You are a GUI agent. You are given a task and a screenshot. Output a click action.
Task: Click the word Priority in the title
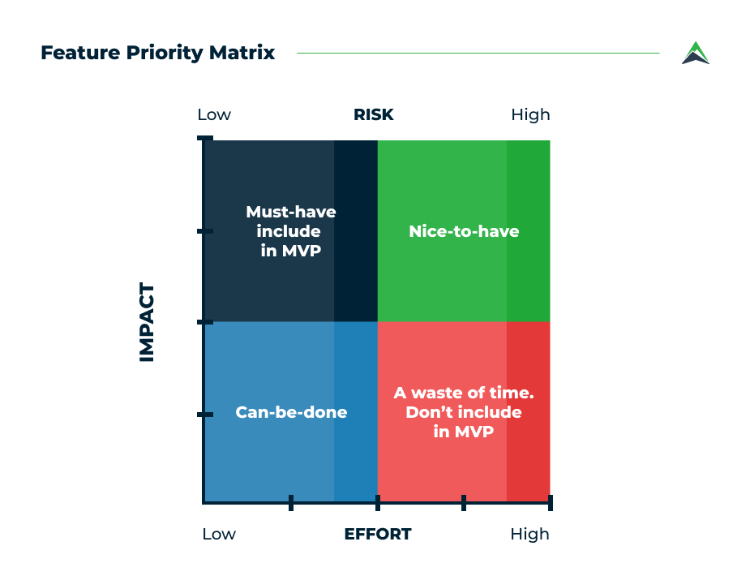165,53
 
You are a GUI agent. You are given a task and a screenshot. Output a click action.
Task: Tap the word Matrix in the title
242,52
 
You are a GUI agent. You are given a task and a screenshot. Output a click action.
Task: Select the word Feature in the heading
80,53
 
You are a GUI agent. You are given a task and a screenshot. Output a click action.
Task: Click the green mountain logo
696,53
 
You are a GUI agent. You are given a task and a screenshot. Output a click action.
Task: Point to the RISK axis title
374,115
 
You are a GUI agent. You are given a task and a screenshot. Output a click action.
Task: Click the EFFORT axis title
378,534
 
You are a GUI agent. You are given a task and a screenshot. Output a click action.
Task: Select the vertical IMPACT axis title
147,322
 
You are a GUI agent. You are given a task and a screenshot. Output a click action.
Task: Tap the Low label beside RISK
214,115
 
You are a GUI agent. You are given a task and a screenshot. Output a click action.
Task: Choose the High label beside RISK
530,115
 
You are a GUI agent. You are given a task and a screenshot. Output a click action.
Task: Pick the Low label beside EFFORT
219,534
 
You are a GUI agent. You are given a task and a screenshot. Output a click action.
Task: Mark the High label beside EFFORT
530,535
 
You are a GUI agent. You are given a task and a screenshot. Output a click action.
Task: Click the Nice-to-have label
464,231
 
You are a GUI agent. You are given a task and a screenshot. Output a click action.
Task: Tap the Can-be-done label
291,412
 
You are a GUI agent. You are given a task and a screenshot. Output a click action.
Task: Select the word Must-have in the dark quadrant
291,212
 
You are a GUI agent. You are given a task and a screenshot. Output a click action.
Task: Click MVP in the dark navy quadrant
301,251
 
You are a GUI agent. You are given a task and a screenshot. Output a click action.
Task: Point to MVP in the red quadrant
474,432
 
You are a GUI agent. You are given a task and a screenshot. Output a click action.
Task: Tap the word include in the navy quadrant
289,231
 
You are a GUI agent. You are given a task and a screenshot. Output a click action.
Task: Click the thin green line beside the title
478,53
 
